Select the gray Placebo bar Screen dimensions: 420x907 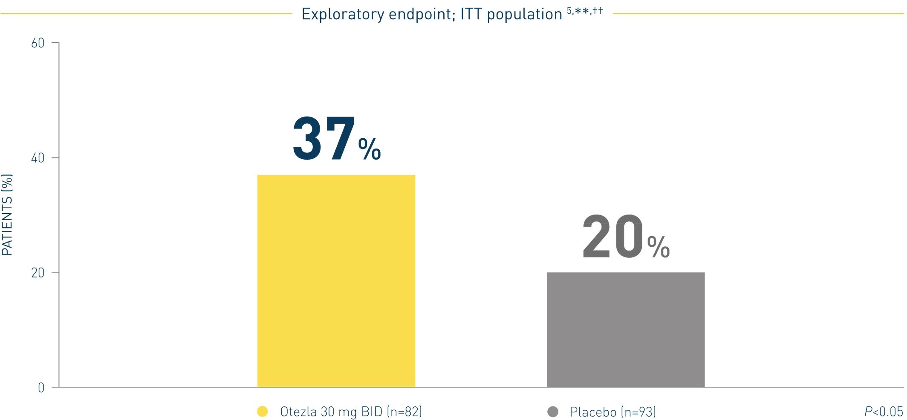pyautogui.click(x=625, y=330)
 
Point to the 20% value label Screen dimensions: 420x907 pyautogui.click(x=625, y=237)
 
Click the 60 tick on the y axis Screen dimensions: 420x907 pyautogui.click(x=38, y=43)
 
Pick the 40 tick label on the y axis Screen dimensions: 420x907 pyautogui.click(x=38, y=158)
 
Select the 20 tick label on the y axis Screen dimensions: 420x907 pyautogui.click(x=38, y=273)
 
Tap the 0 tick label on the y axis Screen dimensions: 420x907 pyautogui.click(x=41, y=388)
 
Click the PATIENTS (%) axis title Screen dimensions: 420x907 pyautogui.click(x=7, y=215)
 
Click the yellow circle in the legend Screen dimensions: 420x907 pyautogui.click(x=263, y=411)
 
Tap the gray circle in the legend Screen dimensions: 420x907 pyautogui.click(x=553, y=411)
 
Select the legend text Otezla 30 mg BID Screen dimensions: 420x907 pyautogui.click(x=331, y=411)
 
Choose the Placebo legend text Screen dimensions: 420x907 pyautogui.click(x=593, y=412)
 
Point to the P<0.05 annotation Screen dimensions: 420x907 pyautogui.click(x=883, y=411)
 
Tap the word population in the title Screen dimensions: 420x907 pyautogui.click(x=524, y=14)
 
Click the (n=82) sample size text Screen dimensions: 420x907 pyautogui.click(x=404, y=411)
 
